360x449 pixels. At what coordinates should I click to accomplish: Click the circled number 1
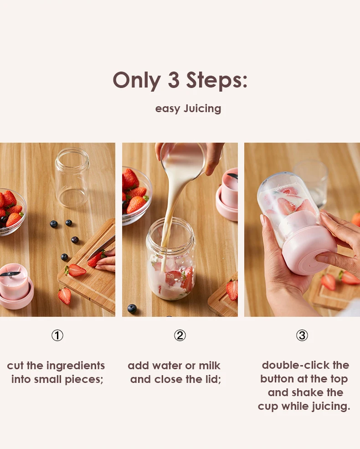pyautogui.click(x=57, y=335)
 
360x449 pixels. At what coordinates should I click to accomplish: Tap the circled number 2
pyautogui.click(x=180, y=335)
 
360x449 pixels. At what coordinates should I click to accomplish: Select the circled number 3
pyautogui.click(x=302, y=335)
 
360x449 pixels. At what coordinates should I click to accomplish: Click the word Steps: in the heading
pyautogui.click(x=216, y=80)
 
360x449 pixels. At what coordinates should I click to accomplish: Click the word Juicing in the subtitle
pyautogui.click(x=202, y=109)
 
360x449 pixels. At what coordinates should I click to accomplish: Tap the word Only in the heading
pyautogui.click(x=137, y=81)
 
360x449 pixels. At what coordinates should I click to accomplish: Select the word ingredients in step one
pyautogui.click(x=76, y=366)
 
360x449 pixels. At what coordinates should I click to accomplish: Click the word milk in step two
pyautogui.click(x=210, y=366)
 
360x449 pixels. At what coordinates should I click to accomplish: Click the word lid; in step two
pyautogui.click(x=213, y=379)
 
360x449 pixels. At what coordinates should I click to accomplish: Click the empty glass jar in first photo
pyautogui.click(x=72, y=177)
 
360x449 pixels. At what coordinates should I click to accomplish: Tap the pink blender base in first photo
pyautogui.click(x=16, y=286)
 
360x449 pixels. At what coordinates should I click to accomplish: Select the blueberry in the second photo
pyautogui.click(x=132, y=309)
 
